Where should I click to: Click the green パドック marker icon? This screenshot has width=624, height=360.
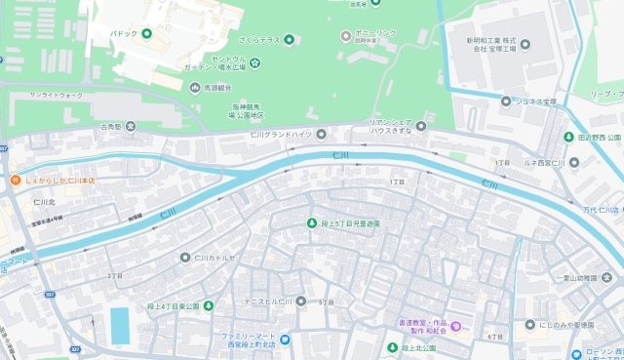point(146,33)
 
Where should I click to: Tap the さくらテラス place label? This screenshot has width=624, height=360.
point(259,39)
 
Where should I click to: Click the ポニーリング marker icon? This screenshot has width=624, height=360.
point(345,35)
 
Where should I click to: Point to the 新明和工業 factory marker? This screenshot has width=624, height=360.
point(526,44)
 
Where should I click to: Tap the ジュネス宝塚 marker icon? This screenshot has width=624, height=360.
point(506,100)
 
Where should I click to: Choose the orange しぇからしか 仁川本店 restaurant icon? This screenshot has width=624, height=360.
point(16,180)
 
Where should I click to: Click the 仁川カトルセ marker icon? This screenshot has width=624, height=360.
point(185,258)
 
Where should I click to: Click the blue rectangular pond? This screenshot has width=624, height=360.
point(119,326)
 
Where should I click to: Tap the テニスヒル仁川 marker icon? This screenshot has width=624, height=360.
point(300,301)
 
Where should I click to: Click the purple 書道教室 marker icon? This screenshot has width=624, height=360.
point(466,324)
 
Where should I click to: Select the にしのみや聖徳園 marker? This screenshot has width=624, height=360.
point(529,324)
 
